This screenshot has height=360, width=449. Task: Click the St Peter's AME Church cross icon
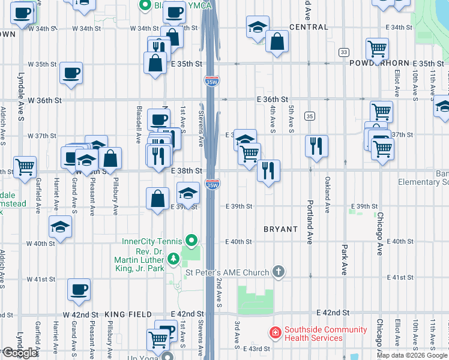[x=278, y=272]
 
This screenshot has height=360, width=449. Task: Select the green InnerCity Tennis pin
[x=191, y=241]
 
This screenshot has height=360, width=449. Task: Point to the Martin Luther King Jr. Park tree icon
[x=173, y=259]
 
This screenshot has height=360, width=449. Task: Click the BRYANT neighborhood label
[x=280, y=229]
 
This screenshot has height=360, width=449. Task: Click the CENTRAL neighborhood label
[x=309, y=27]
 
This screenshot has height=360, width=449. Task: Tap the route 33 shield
[x=343, y=52]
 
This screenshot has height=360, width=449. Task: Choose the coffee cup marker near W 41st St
[x=79, y=290]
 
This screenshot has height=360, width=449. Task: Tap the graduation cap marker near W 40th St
[x=61, y=226]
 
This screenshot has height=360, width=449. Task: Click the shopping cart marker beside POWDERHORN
[x=377, y=48]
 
